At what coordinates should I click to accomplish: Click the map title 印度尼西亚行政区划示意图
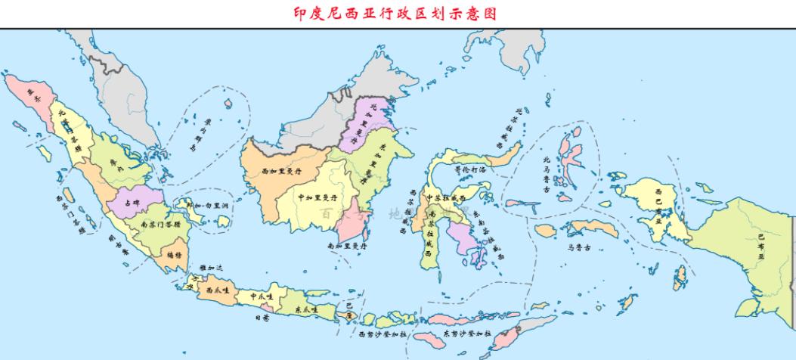coord(397,13)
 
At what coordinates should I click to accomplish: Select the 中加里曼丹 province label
coord(317,197)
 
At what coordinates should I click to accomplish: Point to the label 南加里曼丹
coord(347,246)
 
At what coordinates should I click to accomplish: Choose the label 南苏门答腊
coord(160,224)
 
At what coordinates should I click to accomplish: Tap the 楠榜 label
coord(174,256)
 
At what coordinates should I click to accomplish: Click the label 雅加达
coord(212,268)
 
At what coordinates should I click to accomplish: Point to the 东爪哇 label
coord(306,309)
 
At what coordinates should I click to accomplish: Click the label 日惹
coord(262,319)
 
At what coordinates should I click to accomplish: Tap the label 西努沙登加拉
coord(383,334)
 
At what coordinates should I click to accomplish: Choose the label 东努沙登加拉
coord(467,333)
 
